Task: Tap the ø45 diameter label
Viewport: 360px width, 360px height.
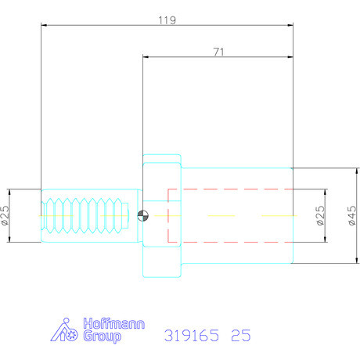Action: coord(352,215)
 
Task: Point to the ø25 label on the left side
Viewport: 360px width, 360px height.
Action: coord(5,216)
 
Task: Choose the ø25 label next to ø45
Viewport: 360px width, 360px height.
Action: coord(319,215)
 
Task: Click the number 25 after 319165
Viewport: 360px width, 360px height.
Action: coord(240,336)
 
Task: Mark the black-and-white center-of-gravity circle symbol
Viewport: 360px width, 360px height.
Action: coord(141,217)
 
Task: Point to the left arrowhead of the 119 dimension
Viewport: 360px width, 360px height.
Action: coord(43,25)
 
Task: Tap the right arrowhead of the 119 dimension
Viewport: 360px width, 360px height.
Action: coord(290,25)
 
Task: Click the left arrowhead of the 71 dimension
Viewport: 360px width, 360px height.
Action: coord(146,56)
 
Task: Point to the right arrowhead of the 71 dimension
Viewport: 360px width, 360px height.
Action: coord(290,56)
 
